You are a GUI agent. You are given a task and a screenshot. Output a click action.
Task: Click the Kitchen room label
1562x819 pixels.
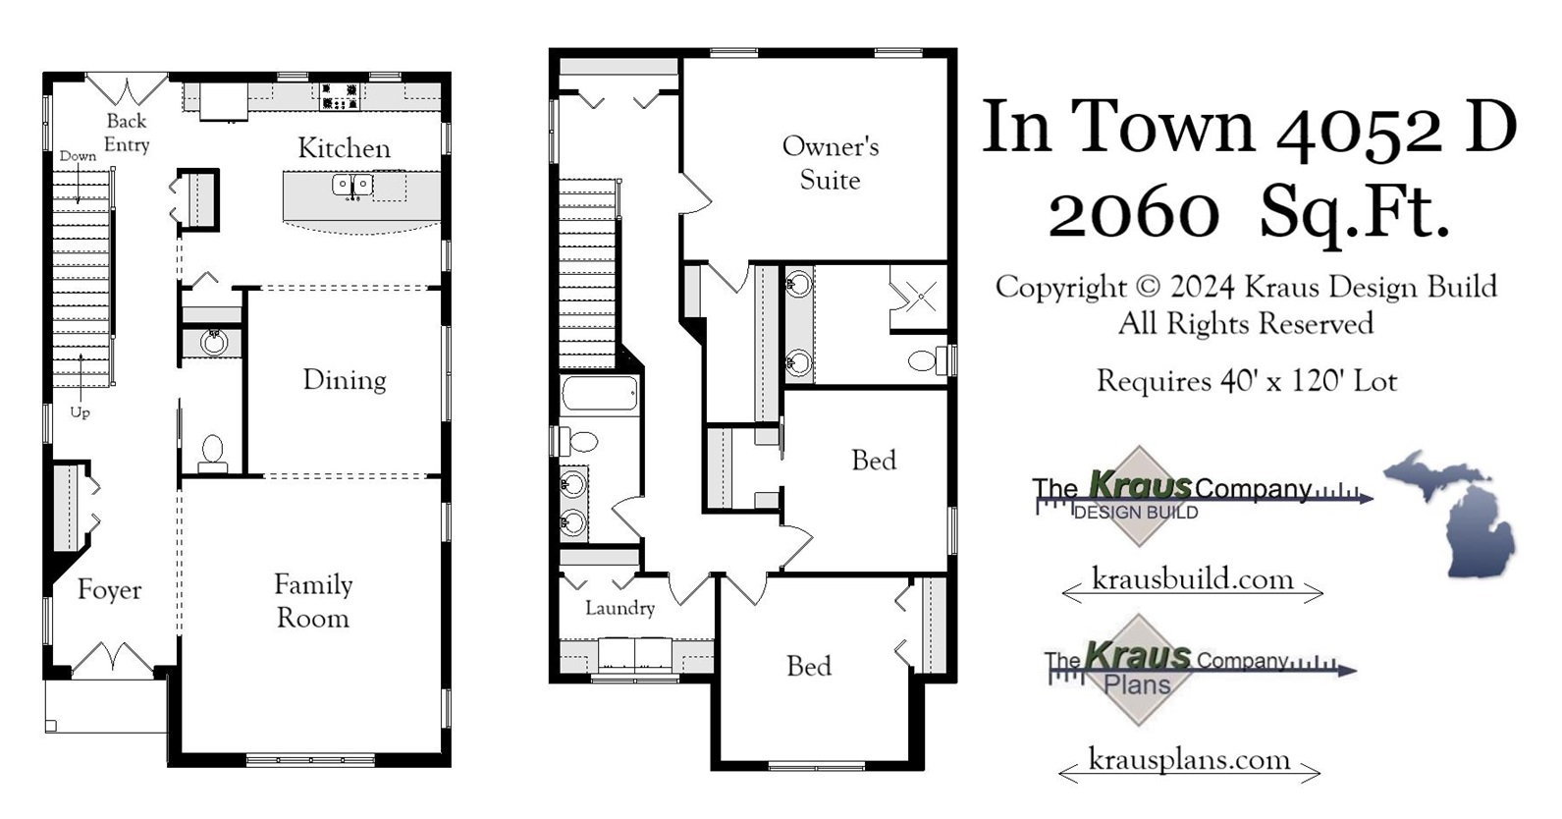(x=344, y=148)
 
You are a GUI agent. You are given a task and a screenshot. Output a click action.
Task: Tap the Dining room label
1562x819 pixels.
(x=344, y=380)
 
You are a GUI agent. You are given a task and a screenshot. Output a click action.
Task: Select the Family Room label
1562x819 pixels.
(x=312, y=601)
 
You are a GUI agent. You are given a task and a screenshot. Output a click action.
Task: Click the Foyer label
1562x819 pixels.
(x=109, y=590)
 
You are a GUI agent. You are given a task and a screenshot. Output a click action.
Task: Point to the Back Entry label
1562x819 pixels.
(x=127, y=133)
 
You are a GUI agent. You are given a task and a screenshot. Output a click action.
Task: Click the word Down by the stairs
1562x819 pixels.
(x=78, y=156)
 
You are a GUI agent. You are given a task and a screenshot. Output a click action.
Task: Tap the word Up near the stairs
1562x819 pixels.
(x=80, y=412)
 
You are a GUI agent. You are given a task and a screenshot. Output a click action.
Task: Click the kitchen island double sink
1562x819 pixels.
(x=352, y=185)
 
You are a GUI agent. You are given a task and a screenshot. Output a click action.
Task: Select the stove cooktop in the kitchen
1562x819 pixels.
(x=339, y=97)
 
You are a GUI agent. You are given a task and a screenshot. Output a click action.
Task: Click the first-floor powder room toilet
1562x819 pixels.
(x=212, y=453)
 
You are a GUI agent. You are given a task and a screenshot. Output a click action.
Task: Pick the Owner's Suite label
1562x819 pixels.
(x=830, y=163)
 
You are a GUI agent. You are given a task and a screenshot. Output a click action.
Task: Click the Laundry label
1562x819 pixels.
(x=619, y=608)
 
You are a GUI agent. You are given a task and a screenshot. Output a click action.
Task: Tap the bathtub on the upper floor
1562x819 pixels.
(x=600, y=395)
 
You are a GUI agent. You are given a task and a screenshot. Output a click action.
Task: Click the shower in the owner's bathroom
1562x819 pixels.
(x=919, y=298)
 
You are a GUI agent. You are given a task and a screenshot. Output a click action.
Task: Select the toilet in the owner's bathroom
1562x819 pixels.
(x=923, y=360)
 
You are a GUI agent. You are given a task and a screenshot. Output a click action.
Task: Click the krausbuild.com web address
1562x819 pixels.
(x=1192, y=579)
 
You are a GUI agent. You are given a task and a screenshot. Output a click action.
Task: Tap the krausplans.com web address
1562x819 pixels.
(x=1189, y=760)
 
